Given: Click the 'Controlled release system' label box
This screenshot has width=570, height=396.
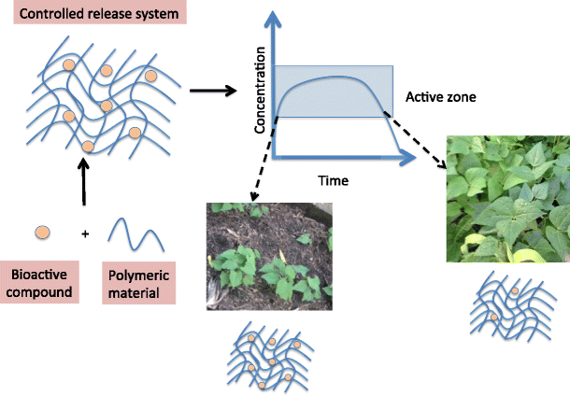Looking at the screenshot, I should pos(76,14).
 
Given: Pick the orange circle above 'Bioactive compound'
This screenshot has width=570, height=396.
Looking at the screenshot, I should pos(42,232).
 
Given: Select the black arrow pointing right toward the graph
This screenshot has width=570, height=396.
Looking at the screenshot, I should pos(210,91).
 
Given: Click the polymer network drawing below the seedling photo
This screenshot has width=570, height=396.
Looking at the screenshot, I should pos(270,356).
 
